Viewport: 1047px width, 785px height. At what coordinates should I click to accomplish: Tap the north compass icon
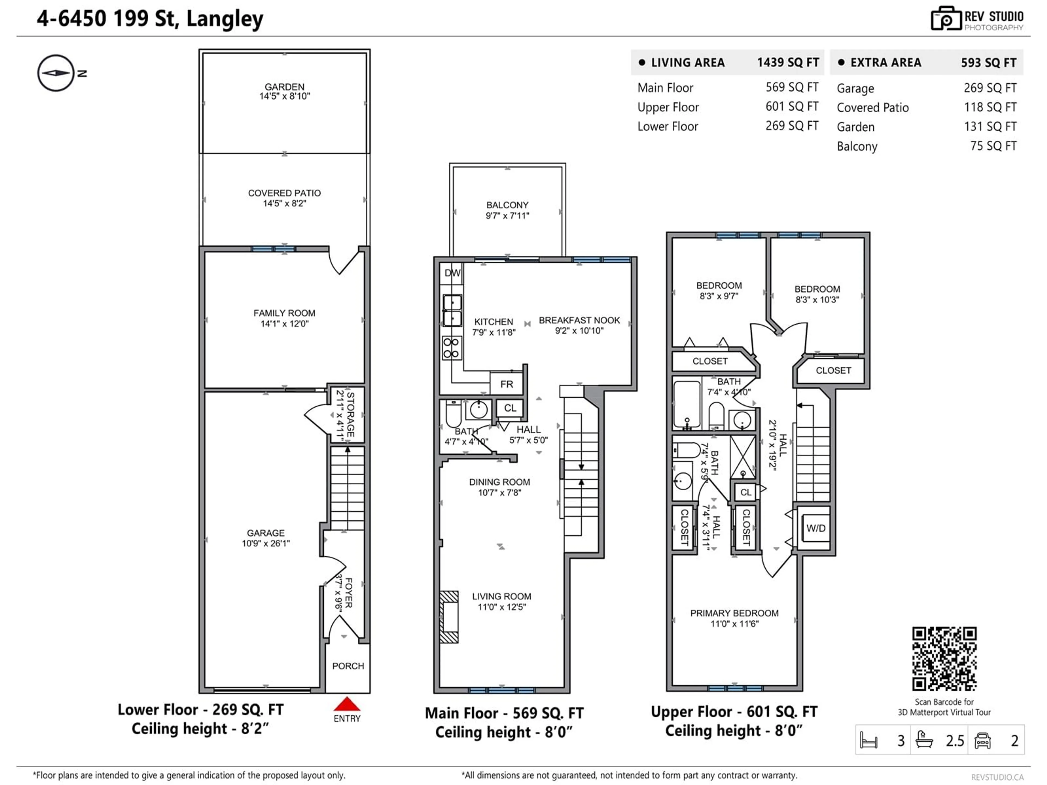[x=56, y=73]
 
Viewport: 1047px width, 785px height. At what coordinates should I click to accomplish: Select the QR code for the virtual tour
[x=944, y=659]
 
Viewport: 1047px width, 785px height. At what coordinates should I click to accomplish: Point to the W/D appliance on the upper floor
[x=816, y=528]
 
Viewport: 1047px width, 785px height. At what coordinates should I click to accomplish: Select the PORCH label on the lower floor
[x=348, y=666]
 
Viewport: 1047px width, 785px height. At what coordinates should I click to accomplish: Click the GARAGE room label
[x=266, y=533]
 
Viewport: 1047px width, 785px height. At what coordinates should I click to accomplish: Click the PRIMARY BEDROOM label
[x=734, y=613]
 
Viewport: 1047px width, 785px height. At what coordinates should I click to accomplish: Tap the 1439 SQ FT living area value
[x=788, y=62]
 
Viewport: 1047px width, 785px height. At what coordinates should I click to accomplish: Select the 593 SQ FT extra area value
[x=988, y=62]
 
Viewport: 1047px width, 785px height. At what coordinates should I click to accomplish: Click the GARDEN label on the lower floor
[x=284, y=87]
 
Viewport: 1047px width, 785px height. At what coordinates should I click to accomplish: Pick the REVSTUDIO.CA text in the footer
[x=997, y=777]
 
